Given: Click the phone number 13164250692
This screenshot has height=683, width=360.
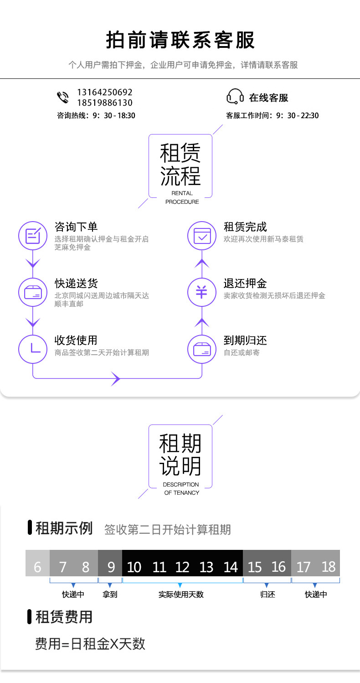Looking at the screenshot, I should tap(105, 92).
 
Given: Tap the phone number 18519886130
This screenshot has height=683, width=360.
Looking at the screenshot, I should tap(105, 103).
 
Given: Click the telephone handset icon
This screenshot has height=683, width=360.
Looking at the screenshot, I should tap(62, 98).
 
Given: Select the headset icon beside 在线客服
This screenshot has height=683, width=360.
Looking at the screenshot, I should tap(235, 97).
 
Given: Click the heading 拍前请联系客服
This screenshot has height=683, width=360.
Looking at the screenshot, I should tap(180, 41).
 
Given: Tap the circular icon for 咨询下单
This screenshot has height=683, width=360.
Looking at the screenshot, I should tap(32, 236).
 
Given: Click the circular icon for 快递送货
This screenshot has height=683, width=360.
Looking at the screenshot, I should tap(32, 292).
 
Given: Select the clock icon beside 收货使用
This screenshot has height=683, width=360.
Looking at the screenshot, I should tap(32, 349).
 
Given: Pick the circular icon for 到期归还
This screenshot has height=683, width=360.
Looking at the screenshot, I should tap(202, 349).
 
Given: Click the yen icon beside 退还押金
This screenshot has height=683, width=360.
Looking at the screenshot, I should tap(202, 292).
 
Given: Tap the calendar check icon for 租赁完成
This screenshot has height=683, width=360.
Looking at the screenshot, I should tap(202, 236).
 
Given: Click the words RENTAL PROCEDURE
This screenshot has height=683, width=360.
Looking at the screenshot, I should tap(182, 197).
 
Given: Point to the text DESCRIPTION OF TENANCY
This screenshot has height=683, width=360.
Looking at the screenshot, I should tap(181, 488).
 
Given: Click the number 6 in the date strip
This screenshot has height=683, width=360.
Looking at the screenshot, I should tap(37, 567).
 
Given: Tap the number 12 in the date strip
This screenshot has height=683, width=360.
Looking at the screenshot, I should tap(182, 567).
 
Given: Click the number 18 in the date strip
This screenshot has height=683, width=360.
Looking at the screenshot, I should tap(328, 567).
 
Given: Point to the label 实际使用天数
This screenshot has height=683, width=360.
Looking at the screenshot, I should tap(181, 595).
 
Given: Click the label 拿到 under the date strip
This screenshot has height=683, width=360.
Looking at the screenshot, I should tap(110, 595).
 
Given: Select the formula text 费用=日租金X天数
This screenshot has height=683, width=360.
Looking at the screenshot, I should tap(90, 644).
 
